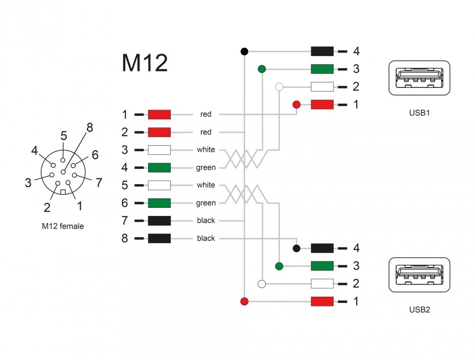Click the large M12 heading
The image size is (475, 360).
(x=145, y=63)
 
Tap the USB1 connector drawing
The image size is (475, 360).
(x=419, y=78)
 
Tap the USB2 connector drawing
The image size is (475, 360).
(x=419, y=275)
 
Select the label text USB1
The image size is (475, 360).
(x=419, y=113)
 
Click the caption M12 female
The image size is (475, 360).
(x=63, y=226)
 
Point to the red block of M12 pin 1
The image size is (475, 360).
(x=159, y=114)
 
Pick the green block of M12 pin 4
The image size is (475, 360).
(x=159, y=167)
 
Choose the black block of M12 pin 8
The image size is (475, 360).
(x=159, y=238)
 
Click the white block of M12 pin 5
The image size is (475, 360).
(x=159, y=185)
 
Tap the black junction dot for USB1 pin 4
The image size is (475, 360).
(x=244, y=51)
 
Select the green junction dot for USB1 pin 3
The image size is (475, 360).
(x=262, y=69)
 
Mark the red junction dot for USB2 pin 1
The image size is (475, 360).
(x=244, y=301)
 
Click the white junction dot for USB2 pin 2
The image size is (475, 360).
(x=262, y=284)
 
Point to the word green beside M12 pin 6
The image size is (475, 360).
(x=206, y=203)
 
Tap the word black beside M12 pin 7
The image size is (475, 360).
(x=206, y=220)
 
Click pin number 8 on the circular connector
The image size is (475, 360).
(x=89, y=128)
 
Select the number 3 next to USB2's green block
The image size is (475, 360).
(x=356, y=266)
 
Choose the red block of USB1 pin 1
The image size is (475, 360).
(x=322, y=105)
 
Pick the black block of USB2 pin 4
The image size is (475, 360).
(x=322, y=248)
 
